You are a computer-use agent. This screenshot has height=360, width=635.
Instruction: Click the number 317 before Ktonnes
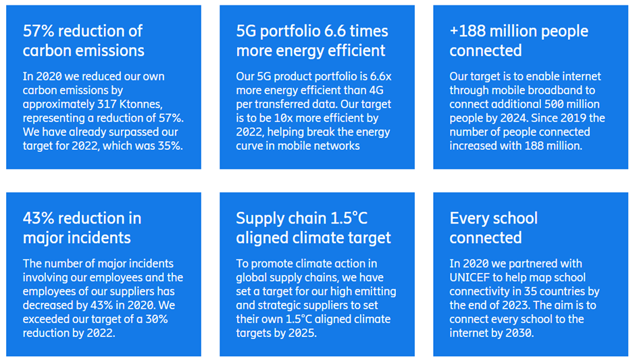[107, 104]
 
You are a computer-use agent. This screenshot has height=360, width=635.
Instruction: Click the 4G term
[376, 91]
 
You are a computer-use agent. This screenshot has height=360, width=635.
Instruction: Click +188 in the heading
[467, 31]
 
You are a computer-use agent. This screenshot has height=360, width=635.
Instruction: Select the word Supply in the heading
[255, 219]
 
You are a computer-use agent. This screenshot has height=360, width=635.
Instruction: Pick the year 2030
[519, 333]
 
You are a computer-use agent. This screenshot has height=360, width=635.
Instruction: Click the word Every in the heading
[469, 219]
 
